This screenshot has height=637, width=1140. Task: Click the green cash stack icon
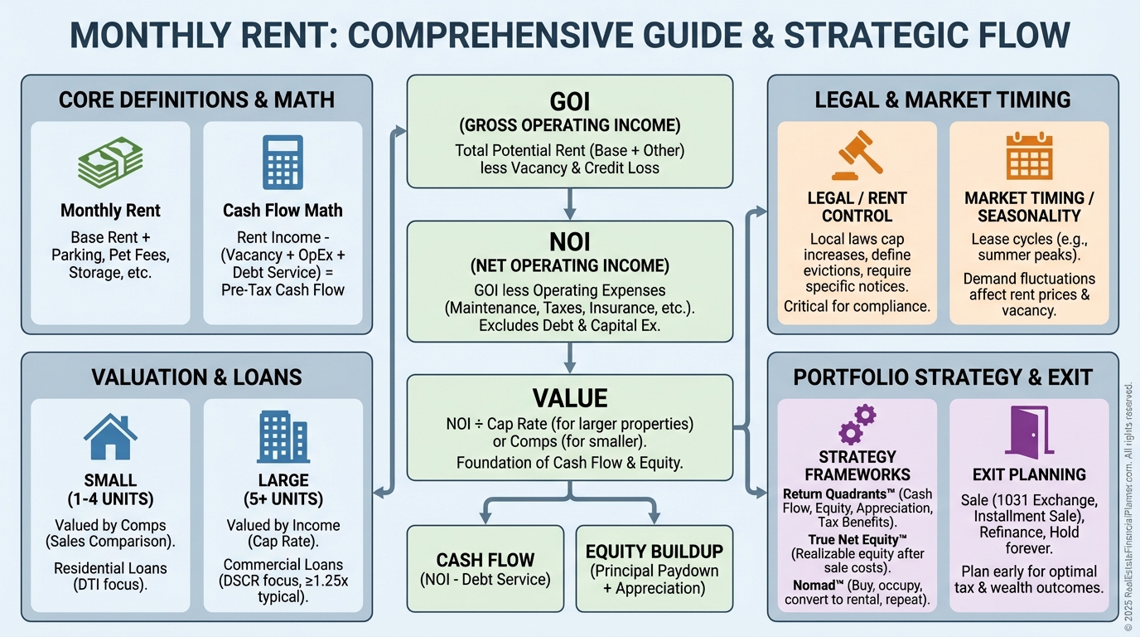[110, 162]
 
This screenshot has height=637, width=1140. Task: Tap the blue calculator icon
[283, 162]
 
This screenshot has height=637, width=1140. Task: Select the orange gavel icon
[857, 155]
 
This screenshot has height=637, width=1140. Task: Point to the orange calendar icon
[1029, 155]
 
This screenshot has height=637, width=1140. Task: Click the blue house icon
[110, 437]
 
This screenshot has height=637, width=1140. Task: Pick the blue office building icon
[283, 437]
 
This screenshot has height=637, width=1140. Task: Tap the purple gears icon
[857, 424]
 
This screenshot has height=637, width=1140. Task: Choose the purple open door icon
[1029, 430]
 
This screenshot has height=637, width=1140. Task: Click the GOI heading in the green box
[570, 101]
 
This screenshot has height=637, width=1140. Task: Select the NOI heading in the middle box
[570, 241]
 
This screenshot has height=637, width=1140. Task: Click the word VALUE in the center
[570, 398]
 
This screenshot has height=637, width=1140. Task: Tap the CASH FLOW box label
[485, 560]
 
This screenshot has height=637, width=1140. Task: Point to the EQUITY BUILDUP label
[655, 552]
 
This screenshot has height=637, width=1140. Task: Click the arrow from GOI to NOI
[570, 204]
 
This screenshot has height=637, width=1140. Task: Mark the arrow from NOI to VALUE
[570, 358]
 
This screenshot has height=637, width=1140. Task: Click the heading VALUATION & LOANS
[197, 377]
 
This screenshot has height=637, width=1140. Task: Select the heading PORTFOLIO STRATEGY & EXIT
[943, 377]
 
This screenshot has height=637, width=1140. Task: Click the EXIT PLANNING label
[1029, 474]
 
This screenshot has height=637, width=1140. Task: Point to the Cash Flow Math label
[283, 210]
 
